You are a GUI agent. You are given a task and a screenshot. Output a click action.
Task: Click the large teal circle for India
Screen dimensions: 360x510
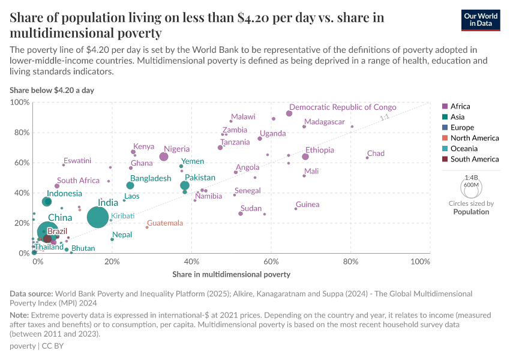coord(98,217)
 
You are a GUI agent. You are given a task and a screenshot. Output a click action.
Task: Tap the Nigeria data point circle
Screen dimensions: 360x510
coord(164,157)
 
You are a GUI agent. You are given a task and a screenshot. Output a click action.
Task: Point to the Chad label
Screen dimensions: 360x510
coord(376,154)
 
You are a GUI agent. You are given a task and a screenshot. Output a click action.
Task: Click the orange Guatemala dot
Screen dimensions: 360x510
coord(147,227)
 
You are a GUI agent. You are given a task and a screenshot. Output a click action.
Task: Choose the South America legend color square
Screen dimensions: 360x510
coord(445,159)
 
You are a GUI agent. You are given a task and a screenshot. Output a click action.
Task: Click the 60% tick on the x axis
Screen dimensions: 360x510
coord(271,262)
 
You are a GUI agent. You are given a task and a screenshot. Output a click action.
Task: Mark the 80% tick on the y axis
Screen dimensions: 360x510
coord(22,133)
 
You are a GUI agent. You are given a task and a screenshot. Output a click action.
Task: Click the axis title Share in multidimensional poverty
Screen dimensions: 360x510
coord(232,274)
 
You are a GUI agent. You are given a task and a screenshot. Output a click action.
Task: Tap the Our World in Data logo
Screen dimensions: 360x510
coord(481,20)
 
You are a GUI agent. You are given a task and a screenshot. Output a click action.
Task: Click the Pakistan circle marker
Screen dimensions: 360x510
coord(185,185)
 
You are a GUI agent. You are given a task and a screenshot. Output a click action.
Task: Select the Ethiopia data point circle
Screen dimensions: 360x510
coord(305,157)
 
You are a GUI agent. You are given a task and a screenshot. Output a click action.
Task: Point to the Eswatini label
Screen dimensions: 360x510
coord(77,160)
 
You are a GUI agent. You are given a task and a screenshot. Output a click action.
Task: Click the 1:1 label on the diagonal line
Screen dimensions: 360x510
coord(385,118)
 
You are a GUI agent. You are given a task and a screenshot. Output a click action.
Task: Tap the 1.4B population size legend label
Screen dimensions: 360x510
coord(472,178)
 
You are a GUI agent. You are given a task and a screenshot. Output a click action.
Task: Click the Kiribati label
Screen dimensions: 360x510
coord(122,215)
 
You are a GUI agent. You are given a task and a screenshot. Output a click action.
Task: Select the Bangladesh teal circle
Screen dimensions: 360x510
coord(130,185)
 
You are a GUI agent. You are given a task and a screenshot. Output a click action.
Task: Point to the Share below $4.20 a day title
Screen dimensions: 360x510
coord(51,90)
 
